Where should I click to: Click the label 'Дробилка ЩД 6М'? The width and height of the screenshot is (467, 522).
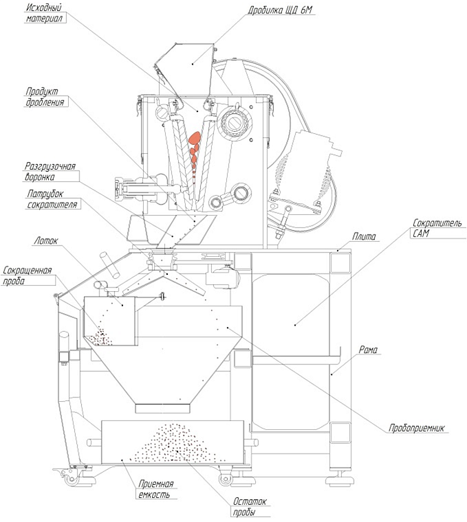280,10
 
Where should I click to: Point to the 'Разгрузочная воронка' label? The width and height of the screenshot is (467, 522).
50,172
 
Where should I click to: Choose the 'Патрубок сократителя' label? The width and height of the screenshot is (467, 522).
52,199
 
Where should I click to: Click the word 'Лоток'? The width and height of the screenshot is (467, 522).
45,240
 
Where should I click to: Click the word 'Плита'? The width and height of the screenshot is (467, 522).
364,236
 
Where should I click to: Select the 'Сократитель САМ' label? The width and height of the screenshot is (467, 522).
437,228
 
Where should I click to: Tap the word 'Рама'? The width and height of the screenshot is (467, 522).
368,350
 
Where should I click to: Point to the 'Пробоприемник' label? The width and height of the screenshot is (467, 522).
416,428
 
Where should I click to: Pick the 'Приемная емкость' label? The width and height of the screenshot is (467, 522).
156,489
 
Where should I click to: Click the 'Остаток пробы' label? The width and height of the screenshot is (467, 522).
250,506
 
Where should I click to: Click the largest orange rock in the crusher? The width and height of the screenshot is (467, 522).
195,138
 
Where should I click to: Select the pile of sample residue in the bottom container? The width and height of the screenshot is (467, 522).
174,444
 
